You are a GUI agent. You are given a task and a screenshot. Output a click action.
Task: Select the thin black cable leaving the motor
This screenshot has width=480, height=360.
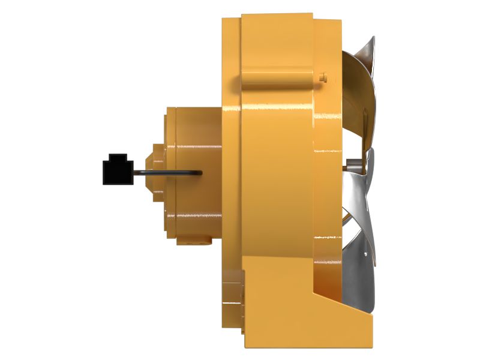coord(168,172)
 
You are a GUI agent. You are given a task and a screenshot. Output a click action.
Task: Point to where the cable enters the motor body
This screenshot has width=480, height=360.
coord(199,173)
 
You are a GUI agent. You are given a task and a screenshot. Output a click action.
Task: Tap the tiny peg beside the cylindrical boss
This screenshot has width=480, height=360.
coord(323,77)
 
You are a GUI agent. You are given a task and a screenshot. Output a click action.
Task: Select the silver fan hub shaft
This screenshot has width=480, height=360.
coord(352,162)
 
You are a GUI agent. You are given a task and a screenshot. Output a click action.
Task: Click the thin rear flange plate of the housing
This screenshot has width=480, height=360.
coord(231,150)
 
